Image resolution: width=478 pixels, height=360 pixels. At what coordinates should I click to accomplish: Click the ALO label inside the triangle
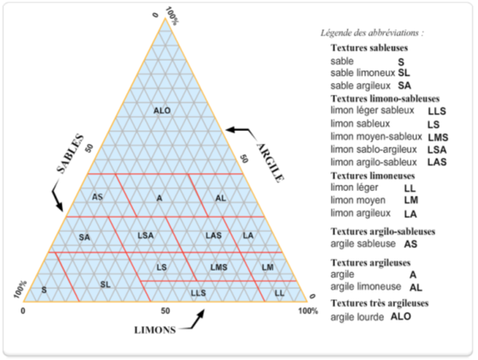tap(162, 111)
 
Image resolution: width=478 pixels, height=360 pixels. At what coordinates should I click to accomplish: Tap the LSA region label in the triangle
tap(145, 235)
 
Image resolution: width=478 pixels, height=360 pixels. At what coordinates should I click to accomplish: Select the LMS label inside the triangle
tap(219, 268)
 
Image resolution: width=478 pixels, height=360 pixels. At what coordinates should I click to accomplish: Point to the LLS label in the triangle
tap(198, 293)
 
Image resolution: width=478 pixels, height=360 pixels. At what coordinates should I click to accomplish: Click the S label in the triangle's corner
tap(44, 290)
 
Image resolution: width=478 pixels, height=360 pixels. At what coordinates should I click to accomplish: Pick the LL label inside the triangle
tap(279, 293)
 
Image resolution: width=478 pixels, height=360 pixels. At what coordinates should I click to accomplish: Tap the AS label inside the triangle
tap(97, 197)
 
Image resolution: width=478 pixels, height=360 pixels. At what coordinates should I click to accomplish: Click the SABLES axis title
tap(70, 153)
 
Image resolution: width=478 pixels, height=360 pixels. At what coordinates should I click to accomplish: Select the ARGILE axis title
tap(270, 163)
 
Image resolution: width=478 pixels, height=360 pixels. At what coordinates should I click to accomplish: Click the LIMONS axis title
tap(155, 330)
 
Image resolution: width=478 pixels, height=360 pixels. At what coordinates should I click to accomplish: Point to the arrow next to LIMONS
tap(193, 321)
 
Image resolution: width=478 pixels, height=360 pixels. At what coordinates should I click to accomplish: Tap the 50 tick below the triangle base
tap(165, 311)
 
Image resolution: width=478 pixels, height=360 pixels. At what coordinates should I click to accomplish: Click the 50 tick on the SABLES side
tap(89, 148)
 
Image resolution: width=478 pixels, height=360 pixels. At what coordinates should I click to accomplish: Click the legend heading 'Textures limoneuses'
tap(373, 176)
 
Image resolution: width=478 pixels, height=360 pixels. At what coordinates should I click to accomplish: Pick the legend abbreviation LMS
tap(438, 137)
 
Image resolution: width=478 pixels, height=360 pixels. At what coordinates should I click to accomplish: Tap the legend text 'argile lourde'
tap(357, 317)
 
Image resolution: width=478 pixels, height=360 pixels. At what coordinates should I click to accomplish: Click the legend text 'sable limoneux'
tap(363, 73)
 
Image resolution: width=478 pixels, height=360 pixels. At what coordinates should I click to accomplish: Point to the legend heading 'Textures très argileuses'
tap(380, 303)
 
